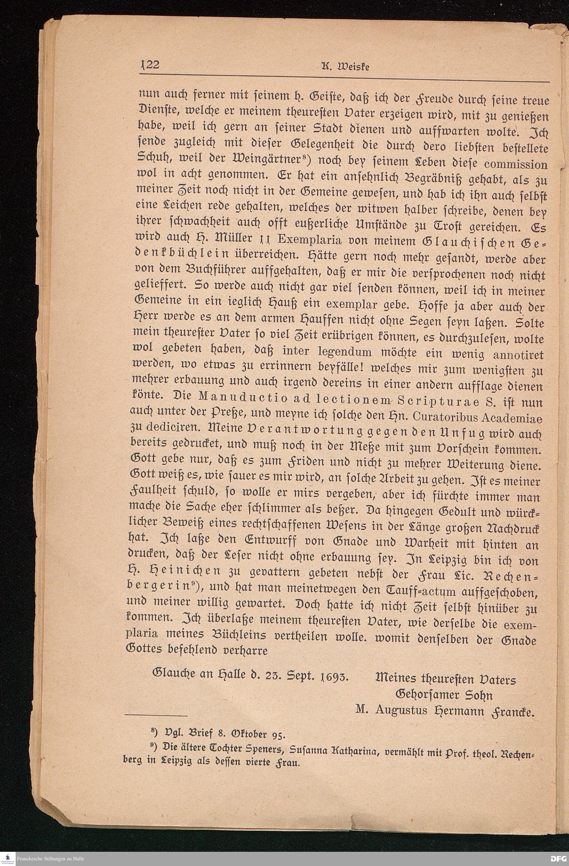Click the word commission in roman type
[x=518, y=164]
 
